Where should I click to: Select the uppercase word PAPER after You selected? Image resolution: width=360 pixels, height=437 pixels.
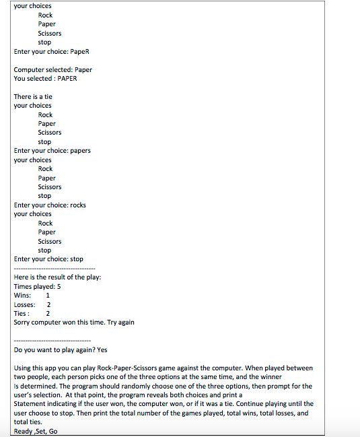[64, 78]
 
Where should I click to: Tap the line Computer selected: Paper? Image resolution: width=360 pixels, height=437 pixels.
[53, 69]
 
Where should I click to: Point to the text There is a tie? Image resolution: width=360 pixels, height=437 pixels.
[33, 96]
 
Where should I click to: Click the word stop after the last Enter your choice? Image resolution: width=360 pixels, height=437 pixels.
[77, 259]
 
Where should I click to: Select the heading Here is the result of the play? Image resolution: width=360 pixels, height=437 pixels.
[57, 277]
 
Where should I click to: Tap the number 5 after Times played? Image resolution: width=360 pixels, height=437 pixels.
[59, 286]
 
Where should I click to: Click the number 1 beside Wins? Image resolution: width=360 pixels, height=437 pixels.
[48, 296]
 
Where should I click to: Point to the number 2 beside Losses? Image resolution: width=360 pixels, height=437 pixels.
[48, 304]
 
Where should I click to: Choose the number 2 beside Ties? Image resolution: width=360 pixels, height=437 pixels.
[48, 313]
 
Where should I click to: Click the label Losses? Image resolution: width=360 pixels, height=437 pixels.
[25, 304]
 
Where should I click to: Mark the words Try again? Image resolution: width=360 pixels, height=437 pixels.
[120, 322]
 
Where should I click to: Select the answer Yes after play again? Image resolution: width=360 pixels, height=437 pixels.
[102, 349]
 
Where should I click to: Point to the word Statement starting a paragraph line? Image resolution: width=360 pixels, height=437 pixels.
[30, 404]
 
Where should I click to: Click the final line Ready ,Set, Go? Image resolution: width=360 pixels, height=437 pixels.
[36, 431]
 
